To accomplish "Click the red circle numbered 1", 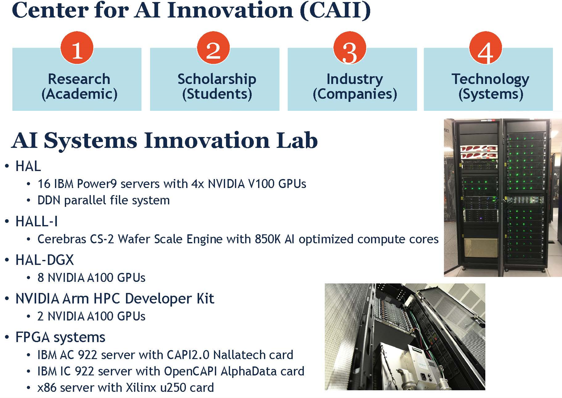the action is click(77, 48).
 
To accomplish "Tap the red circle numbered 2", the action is click(213, 48).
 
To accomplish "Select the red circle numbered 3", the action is click(350, 48).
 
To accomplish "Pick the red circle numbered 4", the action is click(486, 48).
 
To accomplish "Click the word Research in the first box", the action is click(79, 79).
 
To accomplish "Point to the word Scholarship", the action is click(217, 79).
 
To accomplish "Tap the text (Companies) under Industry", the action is click(355, 94).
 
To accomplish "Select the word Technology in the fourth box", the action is click(490, 79).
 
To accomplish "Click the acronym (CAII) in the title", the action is click(335, 11).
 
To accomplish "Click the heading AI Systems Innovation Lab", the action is click(165, 141).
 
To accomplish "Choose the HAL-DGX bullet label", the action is click(44, 260).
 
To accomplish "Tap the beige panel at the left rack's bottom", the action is click(481, 248).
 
